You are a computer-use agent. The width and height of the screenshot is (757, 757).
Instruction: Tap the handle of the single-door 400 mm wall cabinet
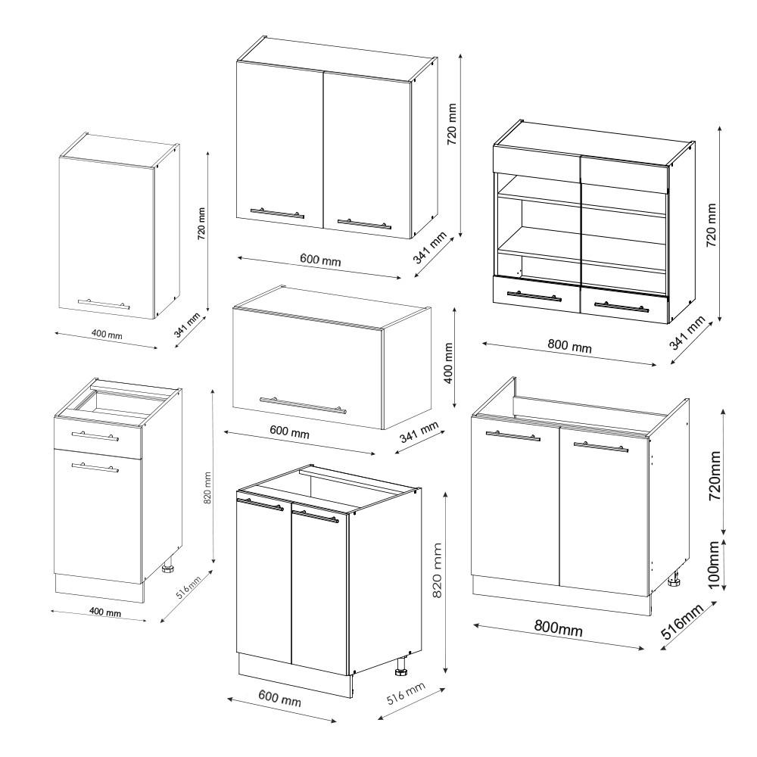[104, 304]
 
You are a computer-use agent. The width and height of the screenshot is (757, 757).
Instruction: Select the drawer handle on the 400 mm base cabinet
[95, 437]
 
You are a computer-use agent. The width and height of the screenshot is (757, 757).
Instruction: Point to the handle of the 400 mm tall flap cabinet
[302, 405]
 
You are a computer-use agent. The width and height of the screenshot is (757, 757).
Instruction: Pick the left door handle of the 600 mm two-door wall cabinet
[277, 214]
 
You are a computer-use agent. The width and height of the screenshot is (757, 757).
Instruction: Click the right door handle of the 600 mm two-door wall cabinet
[364, 224]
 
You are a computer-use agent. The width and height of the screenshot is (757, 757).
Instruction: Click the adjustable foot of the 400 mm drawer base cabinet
[169, 566]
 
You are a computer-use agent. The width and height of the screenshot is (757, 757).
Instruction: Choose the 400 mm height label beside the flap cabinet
[450, 362]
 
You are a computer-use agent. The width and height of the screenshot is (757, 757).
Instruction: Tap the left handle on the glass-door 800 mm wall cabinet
[534, 296]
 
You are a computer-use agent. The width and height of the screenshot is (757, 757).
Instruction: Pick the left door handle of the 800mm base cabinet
[512, 436]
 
